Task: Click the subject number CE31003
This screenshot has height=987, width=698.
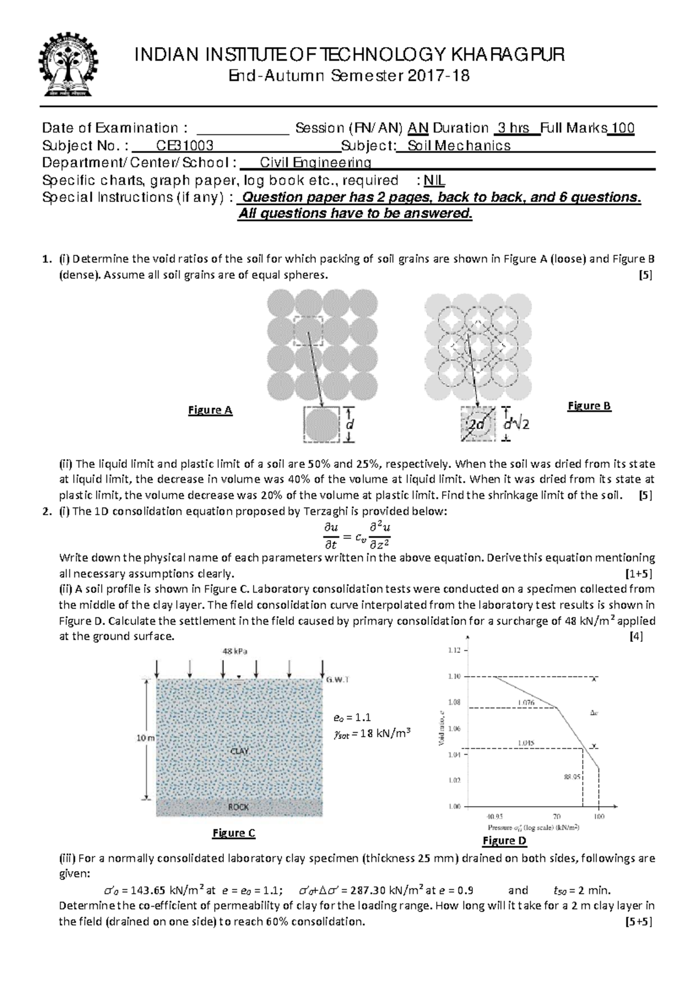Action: [x=181, y=145]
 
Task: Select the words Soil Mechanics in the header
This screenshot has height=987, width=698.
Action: [x=459, y=145]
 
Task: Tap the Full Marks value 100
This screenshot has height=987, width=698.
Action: [x=623, y=128]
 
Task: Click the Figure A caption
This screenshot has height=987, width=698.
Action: [x=210, y=410]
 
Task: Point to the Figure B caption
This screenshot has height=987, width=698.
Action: [x=589, y=406]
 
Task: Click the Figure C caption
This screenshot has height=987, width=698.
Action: [x=233, y=833]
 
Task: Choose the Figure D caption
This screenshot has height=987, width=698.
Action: [x=504, y=840]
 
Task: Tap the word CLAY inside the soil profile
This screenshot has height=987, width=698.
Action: [x=239, y=751]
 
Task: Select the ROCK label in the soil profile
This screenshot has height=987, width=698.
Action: [x=238, y=807]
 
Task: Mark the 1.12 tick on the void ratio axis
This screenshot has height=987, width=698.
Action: [x=454, y=650]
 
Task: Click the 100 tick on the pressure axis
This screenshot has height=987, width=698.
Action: [x=599, y=816]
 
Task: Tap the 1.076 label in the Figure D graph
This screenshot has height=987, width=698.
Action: [x=526, y=702]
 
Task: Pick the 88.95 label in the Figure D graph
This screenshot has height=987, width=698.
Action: [x=572, y=776]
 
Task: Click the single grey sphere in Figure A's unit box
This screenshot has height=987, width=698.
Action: [x=321, y=425]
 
